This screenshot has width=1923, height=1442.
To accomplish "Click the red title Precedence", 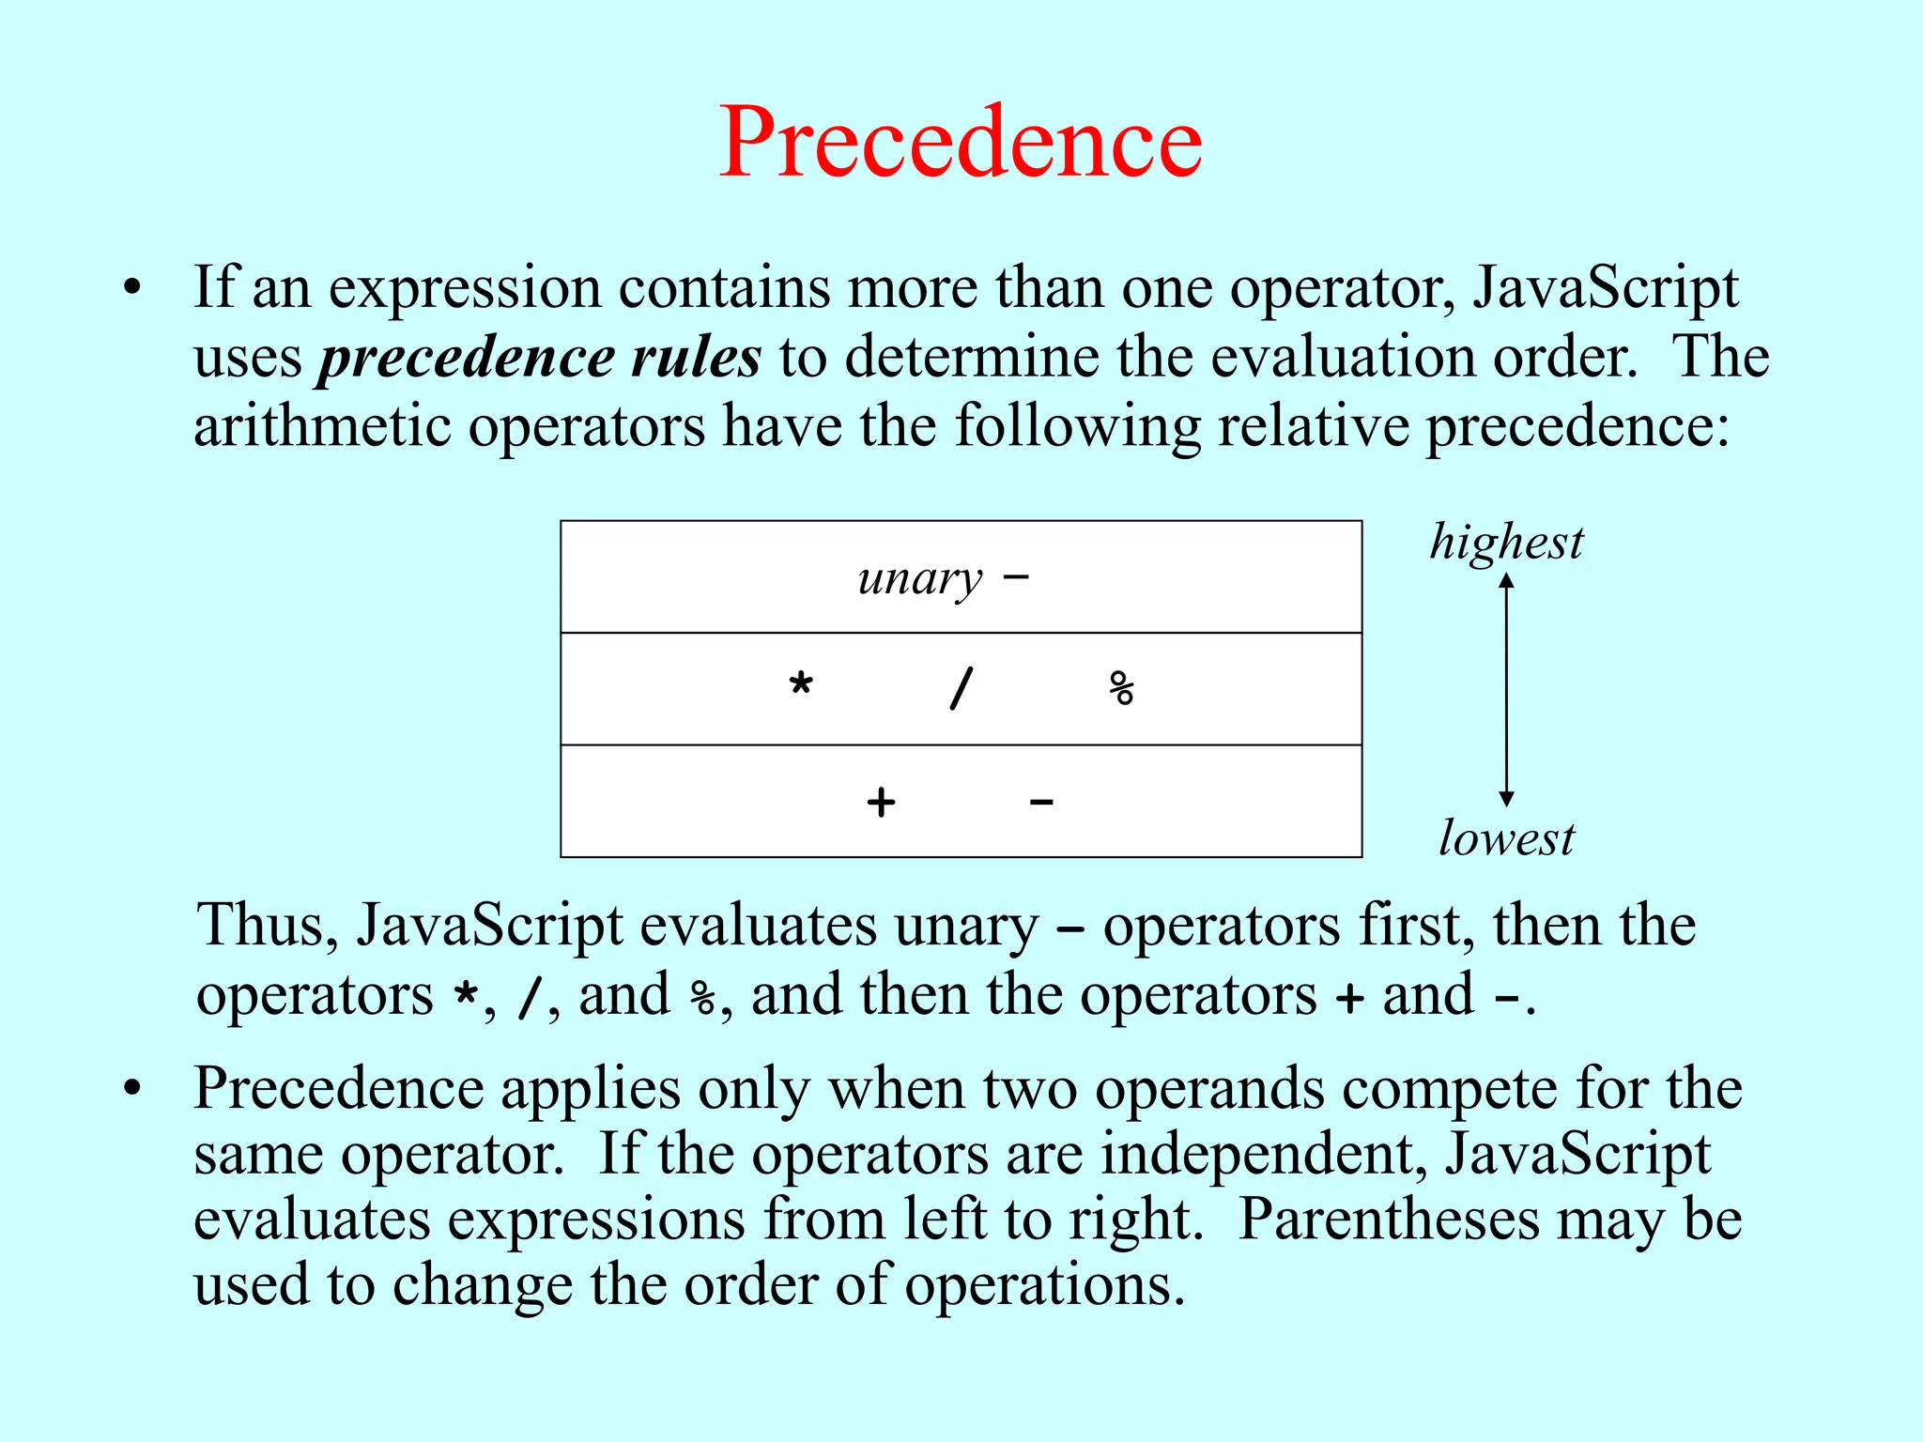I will coord(960,143).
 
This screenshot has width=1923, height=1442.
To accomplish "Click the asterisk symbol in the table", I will coord(801,684).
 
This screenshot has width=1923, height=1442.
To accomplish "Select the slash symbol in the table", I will coord(961,688).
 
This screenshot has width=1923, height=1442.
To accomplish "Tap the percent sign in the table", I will coord(1121,688).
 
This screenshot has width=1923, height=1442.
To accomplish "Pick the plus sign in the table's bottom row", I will coord(881,803).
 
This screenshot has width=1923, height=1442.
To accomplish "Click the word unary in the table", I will coord(919,579).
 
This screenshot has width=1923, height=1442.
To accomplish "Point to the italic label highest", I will coord(1506,544).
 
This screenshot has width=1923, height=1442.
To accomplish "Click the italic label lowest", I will coord(1506,838).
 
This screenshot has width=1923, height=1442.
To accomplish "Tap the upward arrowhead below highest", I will coord(1506,581).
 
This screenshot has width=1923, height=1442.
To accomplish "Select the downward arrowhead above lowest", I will coord(1506,799).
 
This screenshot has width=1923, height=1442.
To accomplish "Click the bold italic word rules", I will coord(696,358).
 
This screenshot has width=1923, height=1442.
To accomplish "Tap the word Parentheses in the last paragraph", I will coord(1389,1220).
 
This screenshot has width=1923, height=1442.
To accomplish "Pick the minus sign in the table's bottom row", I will coord(1041,803).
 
